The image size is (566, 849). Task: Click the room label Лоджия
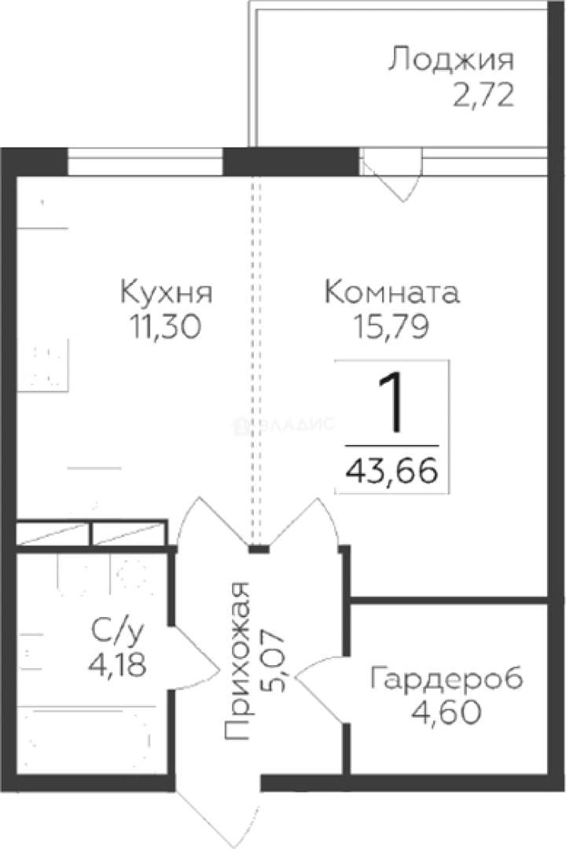click(451, 60)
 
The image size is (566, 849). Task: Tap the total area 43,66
click(391, 473)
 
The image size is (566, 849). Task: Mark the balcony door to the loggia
click(391, 178)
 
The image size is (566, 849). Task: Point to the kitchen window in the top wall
click(145, 164)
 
